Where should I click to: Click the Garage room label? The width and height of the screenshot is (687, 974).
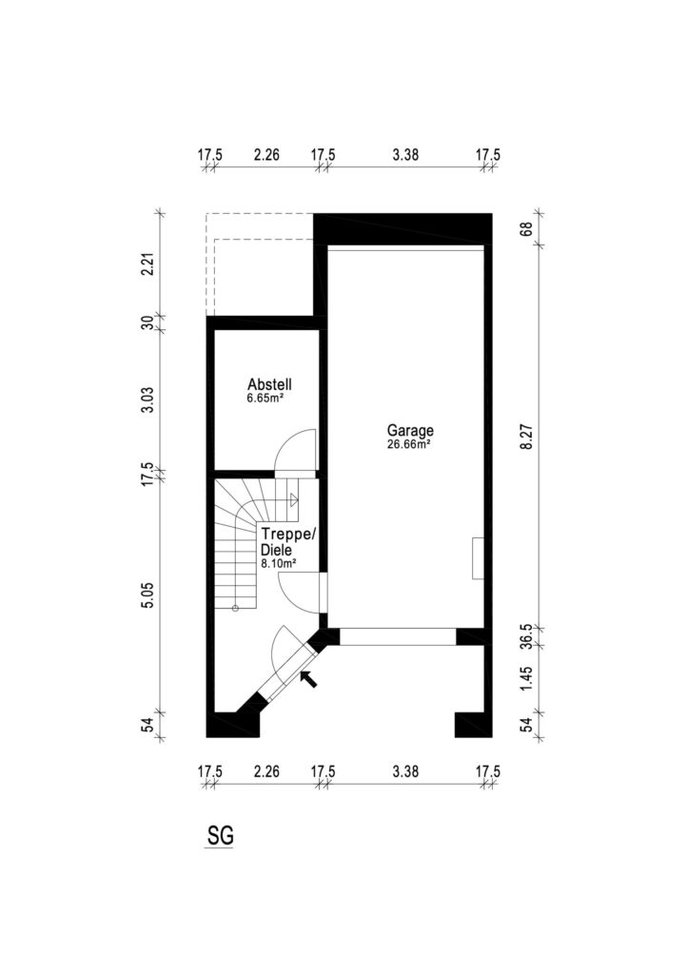click(410, 431)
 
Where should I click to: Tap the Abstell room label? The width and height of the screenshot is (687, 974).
click(269, 384)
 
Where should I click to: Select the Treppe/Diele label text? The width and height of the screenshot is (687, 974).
click(288, 541)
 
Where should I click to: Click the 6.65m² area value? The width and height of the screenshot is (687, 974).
click(265, 399)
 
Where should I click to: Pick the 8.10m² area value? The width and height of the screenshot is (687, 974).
click(278, 563)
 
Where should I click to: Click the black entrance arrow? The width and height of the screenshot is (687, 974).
click(308, 679)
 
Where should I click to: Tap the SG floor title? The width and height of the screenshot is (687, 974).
click(220, 836)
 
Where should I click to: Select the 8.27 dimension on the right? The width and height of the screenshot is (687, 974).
click(527, 437)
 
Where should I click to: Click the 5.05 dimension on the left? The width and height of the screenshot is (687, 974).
click(147, 595)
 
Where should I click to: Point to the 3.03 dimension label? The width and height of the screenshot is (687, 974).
click(147, 399)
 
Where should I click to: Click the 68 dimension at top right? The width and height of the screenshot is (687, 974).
click(527, 229)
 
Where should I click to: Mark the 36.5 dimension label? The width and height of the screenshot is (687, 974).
click(527, 636)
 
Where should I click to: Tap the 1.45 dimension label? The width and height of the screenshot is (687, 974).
click(527, 678)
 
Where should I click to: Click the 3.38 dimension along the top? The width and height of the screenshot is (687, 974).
click(405, 155)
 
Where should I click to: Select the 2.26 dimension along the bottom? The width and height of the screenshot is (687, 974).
click(266, 771)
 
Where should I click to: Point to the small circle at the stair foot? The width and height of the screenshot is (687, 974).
click(235, 608)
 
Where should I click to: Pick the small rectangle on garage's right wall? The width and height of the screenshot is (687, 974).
click(478, 558)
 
